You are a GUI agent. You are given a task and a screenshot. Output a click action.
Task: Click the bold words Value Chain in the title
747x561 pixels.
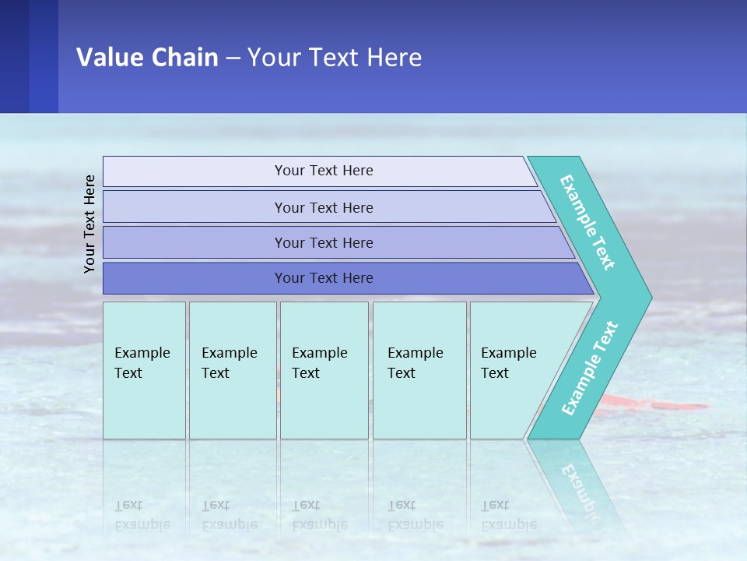pos(147,58)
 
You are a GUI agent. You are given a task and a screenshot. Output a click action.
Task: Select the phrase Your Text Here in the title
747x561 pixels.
pos(335,58)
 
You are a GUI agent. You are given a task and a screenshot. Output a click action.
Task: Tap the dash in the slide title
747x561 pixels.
pos(233,58)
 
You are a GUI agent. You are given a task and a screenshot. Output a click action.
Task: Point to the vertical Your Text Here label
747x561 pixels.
pos(89,224)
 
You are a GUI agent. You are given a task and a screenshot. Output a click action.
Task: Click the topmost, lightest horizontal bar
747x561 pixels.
pos(323,171)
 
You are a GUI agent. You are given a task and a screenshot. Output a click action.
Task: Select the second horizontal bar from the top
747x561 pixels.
pos(323,207)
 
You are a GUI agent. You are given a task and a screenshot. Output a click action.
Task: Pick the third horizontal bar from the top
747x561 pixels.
pos(323,242)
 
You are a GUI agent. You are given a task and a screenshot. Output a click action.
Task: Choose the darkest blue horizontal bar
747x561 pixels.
pos(323,278)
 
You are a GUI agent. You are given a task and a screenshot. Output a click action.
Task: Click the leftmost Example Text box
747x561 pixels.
pos(144,369)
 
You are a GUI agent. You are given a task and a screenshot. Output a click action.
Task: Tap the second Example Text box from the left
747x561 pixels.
pos(232,369)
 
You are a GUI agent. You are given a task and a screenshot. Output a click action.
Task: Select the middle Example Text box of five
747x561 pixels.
pos(324,369)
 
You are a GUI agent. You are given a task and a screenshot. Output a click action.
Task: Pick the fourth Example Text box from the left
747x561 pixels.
pos(419,369)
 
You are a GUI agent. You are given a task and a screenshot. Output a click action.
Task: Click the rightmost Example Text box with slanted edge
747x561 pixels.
pos(514,369)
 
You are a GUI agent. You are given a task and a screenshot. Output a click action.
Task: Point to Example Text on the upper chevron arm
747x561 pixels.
pos(587,222)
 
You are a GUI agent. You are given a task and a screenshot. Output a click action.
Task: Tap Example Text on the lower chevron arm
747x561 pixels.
pos(589,369)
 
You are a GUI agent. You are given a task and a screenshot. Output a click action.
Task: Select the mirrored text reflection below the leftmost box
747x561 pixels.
pos(142,515)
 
